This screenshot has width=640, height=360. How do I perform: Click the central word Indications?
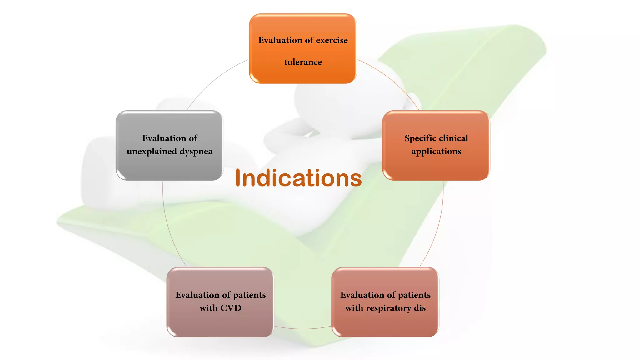298,178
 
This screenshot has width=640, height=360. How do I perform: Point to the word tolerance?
303,62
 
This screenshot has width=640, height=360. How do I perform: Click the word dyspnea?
196,152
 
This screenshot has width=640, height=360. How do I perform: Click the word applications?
436,152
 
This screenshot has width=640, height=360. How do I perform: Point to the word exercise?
332,40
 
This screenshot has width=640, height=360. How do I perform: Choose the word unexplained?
152,152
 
